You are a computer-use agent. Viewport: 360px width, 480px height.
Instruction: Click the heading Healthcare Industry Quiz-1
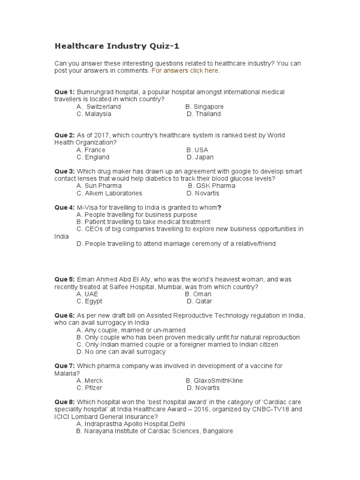[117, 46]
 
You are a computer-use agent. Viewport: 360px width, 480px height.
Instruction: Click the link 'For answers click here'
[185, 71]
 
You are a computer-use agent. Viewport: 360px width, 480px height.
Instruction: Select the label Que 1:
[65, 92]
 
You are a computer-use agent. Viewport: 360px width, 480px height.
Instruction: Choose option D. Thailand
[203, 114]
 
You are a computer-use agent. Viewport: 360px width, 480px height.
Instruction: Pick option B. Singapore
[204, 107]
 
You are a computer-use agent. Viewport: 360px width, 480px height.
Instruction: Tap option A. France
[91, 150]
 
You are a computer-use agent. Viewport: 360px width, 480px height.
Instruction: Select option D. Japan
[200, 157]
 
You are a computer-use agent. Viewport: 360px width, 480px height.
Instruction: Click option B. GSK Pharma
[211, 186]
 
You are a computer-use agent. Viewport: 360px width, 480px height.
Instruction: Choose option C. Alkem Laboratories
[109, 193]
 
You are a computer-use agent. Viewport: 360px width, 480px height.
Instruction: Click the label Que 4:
[65, 208]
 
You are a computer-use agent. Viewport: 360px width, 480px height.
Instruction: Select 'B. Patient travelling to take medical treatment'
[143, 222]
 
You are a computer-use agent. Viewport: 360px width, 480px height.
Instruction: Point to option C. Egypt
[89, 301]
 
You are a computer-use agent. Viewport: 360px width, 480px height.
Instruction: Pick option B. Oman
[198, 294]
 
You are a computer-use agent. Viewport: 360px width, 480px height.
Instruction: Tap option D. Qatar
[199, 301]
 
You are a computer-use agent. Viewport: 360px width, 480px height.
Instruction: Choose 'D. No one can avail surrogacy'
[121, 352]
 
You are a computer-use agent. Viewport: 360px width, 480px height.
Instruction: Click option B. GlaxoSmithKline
[214, 381]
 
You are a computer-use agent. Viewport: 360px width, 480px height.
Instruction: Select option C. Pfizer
[89, 388]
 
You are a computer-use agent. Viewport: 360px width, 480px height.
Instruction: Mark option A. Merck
[90, 381]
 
